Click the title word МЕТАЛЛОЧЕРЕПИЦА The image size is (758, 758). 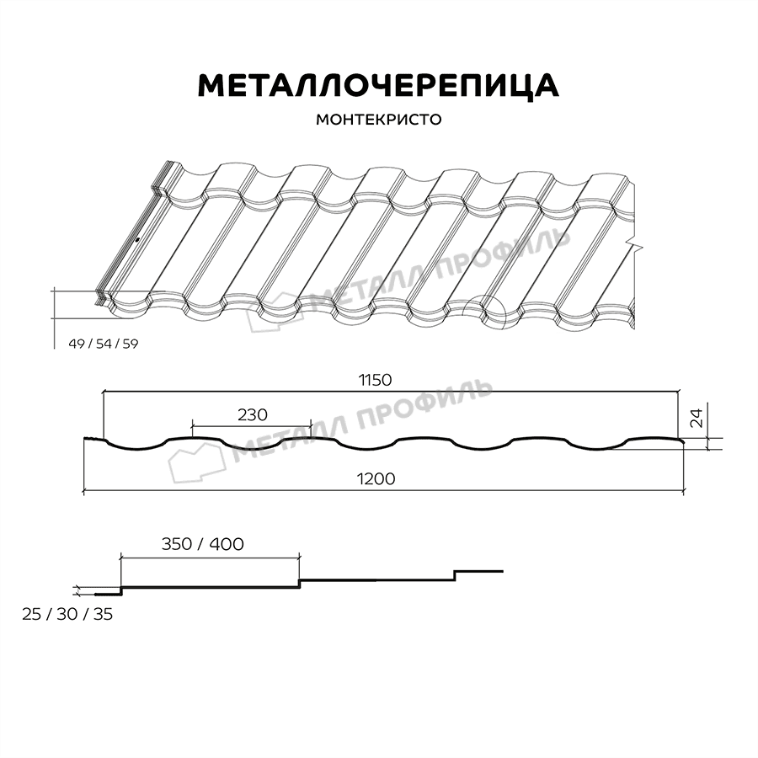click(377, 85)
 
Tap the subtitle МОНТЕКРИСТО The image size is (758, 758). click(378, 120)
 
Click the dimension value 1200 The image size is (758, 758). click(375, 478)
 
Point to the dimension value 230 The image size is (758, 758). click(251, 414)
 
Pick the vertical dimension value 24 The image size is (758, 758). click(696, 419)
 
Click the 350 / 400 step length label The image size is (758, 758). click(202, 544)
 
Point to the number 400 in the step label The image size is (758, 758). click(227, 544)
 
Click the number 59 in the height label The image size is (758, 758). click(129, 343)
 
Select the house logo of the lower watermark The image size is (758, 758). click(195, 462)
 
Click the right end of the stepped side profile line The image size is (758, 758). click(503, 571)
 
